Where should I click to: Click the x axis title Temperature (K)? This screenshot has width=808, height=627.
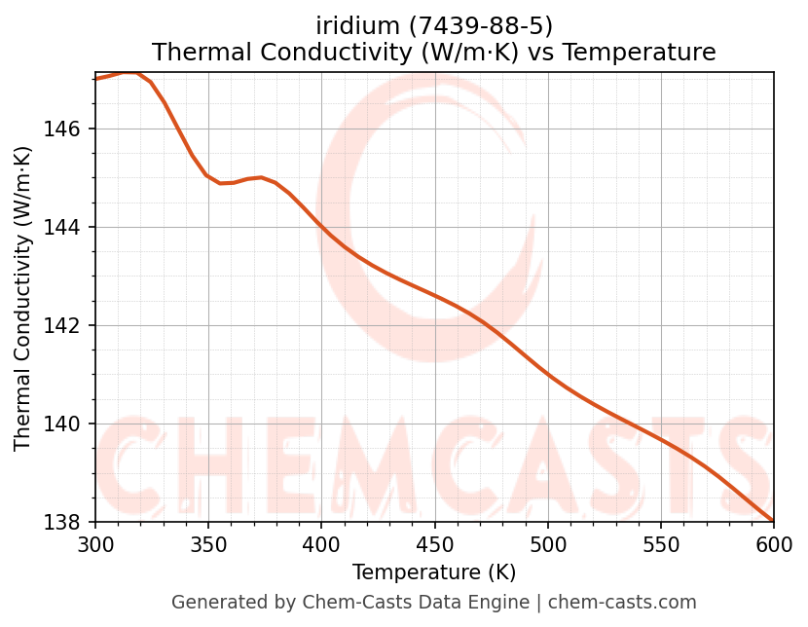click(x=434, y=572)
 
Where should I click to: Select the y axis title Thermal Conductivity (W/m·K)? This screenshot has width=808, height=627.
click(x=23, y=298)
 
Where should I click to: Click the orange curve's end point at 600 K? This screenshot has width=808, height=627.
click(x=773, y=521)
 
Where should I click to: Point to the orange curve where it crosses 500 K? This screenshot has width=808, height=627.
click(x=548, y=374)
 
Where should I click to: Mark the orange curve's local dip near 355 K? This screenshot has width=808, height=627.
click(x=221, y=183)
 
